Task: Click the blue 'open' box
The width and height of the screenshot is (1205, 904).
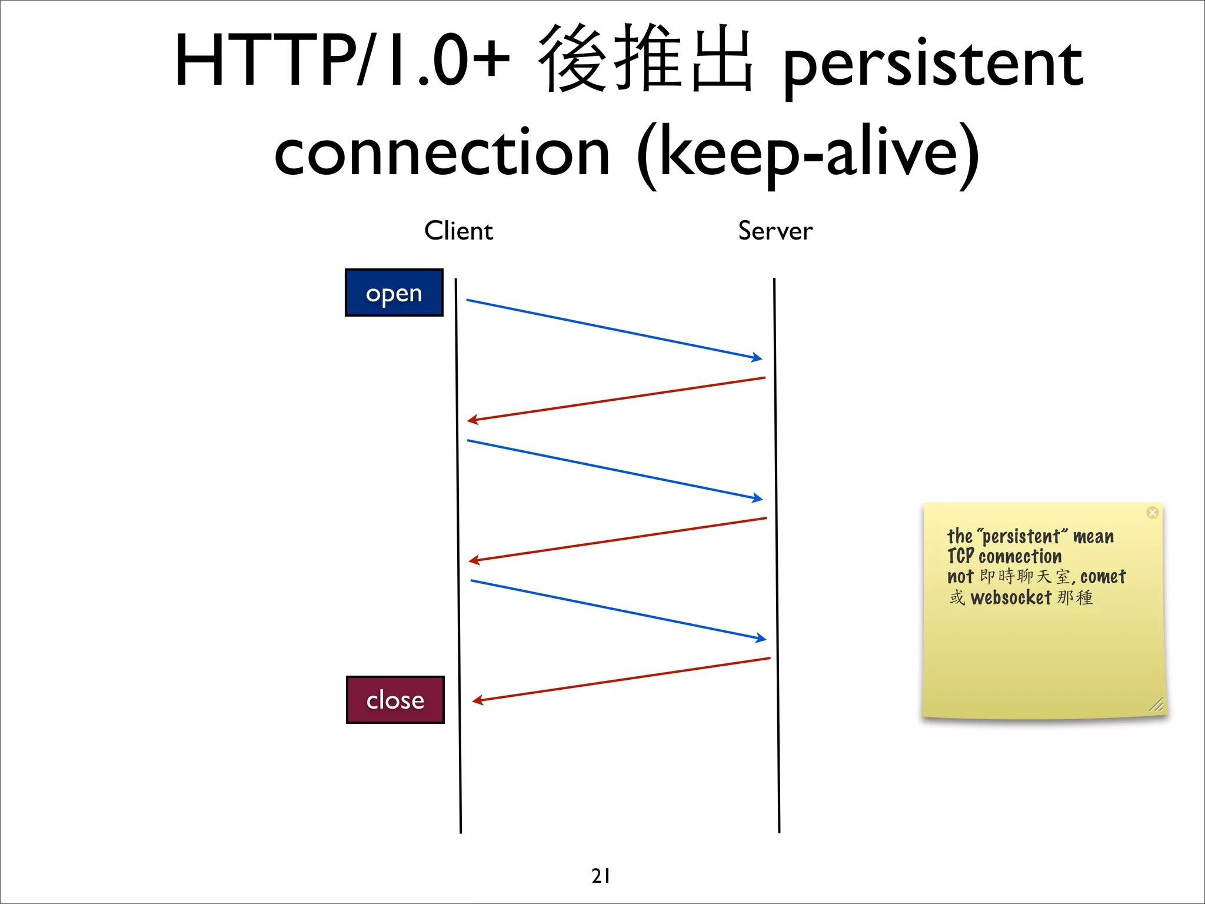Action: tap(394, 293)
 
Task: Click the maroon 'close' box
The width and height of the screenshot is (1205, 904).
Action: tap(395, 700)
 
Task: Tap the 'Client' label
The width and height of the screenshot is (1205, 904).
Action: tap(458, 231)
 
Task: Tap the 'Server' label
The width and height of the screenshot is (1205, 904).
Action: tap(775, 231)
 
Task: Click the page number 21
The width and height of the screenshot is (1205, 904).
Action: tap(601, 876)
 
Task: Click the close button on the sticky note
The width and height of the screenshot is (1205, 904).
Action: tap(1152, 513)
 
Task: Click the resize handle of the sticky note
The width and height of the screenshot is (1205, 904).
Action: tap(1156, 704)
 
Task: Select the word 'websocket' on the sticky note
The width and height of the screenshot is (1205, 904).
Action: tap(1010, 598)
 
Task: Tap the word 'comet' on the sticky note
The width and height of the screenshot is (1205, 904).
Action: tap(1103, 577)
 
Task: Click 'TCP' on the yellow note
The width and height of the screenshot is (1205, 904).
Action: tap(960, 556)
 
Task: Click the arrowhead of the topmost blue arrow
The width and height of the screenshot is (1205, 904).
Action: tap(758, 357)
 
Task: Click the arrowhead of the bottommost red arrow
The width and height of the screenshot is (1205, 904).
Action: tap(477, 700)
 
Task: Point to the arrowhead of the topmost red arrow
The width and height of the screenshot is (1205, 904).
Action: tap(472, 420)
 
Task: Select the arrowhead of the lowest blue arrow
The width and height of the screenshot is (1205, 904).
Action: tap(762, 638)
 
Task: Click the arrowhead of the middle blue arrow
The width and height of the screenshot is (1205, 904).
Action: tap(758, 498)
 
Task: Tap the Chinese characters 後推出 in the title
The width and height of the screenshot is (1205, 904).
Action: tap(644, 59)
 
